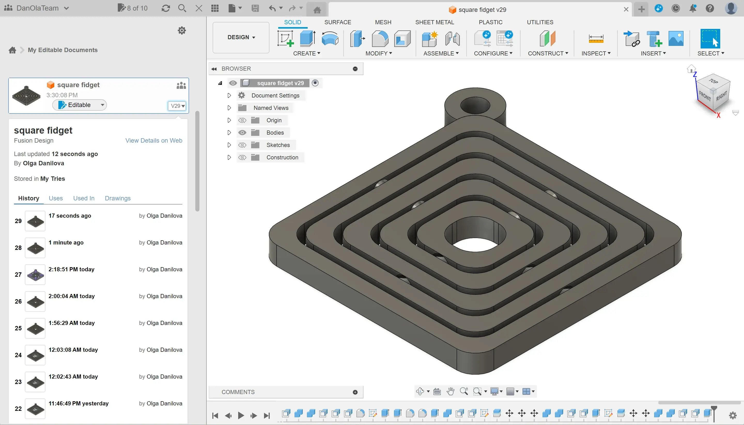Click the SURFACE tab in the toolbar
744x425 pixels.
(337, 22)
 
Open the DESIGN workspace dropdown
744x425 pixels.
(241, 37)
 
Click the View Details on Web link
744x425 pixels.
(153, 140)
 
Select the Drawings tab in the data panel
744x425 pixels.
(118, 198)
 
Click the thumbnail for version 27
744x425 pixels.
(35, 274)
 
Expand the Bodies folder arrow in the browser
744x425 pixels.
(229, 133)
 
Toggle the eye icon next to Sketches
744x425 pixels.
(242, 145)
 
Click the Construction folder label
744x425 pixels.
(282, 157)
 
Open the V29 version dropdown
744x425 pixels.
(177, 106)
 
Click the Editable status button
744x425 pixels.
(79, 105)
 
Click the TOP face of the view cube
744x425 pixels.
(713, 81)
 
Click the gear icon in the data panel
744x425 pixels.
(182, 30)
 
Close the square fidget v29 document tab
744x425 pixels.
(626, 10)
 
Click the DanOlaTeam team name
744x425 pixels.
(37, 8)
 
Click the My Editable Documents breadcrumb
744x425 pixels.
(63, 50)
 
